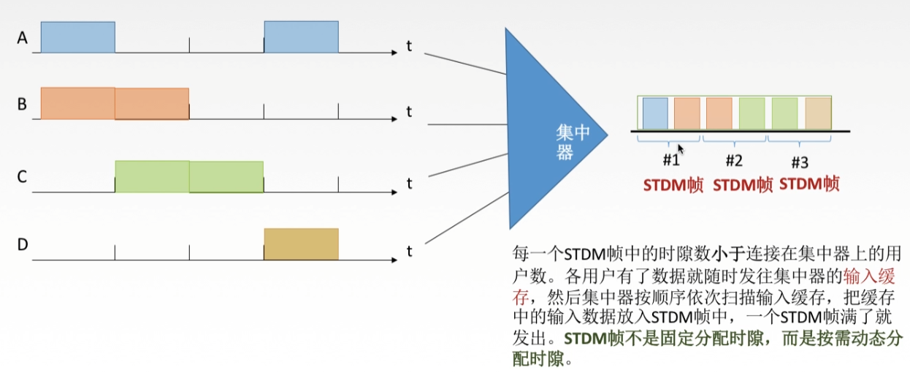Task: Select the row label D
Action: (x=23, y=244)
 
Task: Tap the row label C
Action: (x=23, y=176)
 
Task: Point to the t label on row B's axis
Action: (x=409, y=112)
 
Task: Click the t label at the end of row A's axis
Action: (x=409, y=46)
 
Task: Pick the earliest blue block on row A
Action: (x=77, y=37)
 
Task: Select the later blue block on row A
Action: (x=301, y=37)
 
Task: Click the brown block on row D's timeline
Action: (x=301, y=244)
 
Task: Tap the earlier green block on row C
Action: (x=152, y=176)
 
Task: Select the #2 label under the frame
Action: (x=734, y=160)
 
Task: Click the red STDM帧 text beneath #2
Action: (x=742, y=184)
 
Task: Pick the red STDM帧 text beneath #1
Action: (x=673, y=184)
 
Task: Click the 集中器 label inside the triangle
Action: (x=573, y=142)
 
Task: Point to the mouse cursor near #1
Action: (x=681, y=148)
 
